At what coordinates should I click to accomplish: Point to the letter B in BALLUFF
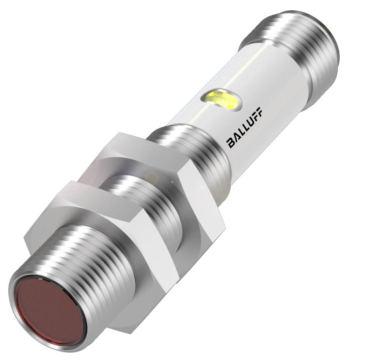coord(231,143)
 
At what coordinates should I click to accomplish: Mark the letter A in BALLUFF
coord(236,138)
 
